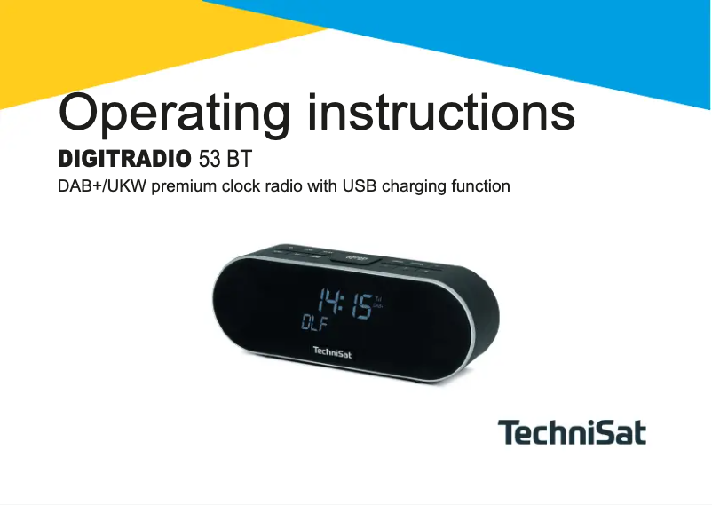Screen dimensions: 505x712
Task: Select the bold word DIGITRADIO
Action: click(x=124, y=161)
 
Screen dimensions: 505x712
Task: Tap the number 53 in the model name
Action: click(x=210, y=161)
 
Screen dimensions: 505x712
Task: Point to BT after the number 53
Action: click(x=240, y=161)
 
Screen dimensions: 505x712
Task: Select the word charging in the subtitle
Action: click(x=413, y=188)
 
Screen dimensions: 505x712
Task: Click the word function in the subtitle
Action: click(x=479, y=187)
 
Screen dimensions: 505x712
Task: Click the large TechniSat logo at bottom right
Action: click(x=572, y=433)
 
